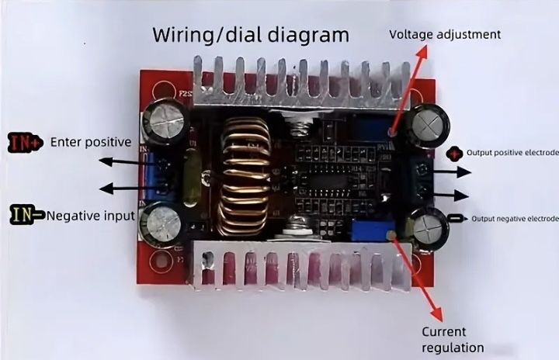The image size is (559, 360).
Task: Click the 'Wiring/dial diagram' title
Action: [x=251, y=35]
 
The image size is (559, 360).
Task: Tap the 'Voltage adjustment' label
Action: [x=444, y=34]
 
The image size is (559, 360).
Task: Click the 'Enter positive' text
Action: [x=90, y=142]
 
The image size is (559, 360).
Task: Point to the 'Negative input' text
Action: [x=90, y=215]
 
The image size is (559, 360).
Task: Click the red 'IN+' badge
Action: [x=25, y=142]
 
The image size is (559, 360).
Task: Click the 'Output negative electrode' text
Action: [x=515, y=219]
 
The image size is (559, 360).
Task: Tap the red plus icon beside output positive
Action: [x=455, y=153]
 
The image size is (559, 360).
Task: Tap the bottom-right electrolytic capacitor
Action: [x=429, y=230]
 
